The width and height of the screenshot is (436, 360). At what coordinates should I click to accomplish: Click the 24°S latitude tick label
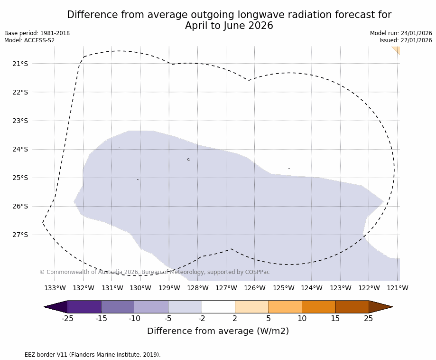pyautogui.click(x=20, y=149)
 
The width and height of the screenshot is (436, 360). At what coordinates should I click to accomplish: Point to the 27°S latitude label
pyautogui.click(x=20, y=235)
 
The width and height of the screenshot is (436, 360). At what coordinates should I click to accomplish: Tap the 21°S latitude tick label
pyautogui.click(x=20, y=64)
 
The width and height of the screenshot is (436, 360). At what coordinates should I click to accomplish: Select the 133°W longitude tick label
pyautogui.click(x=55, y=288)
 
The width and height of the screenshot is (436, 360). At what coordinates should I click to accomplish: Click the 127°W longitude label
pyautogui.click(x=226, y=288)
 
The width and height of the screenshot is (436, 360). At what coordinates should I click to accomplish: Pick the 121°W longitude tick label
pyautogui.click(x=398, y=288)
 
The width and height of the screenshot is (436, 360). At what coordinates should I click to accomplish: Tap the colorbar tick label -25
pyautogui.click(x=68, y=319)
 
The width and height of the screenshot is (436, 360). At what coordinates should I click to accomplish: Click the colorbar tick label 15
pyautogui.click(x=335, y=319)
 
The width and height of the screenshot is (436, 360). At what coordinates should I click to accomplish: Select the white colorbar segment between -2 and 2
pyautogui.click(x=218, y=307)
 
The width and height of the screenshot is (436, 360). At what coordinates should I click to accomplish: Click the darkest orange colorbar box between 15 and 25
pyautogui.click(x=352, y=307)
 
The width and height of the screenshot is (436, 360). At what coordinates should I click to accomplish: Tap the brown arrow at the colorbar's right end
pyautogui.click(x=380, y=307)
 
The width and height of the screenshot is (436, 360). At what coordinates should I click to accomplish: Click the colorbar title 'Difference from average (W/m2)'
pyautogui.click(x=218, y=331)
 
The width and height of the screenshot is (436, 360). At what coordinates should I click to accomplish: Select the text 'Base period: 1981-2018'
pyautogui.click(x=37, y=33)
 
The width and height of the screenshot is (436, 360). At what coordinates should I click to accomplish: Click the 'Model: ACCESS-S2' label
pyautogui.click(x=29, y=40)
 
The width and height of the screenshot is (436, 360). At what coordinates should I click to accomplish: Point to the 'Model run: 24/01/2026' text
pyautogui.click(x=401, y=33)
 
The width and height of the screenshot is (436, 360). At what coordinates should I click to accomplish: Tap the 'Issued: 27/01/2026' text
pyautogui.click(x=406, y=40)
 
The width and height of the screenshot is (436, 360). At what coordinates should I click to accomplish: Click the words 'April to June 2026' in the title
pyautogui.click(x=229, y=26)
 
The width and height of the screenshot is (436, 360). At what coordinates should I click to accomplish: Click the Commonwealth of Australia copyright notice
pyautogui.click(x=155, y=272)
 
